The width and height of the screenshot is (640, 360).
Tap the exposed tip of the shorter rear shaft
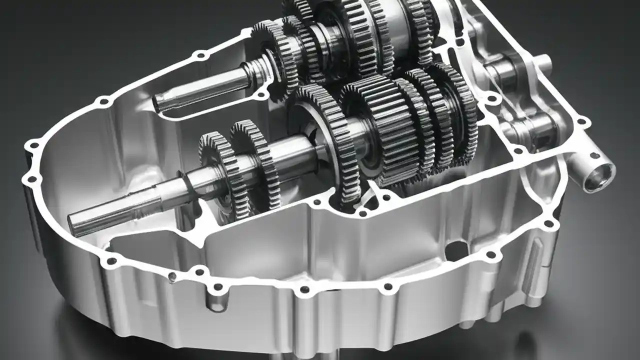click(160, 103)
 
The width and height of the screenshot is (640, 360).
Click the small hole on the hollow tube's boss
click(594, 155)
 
